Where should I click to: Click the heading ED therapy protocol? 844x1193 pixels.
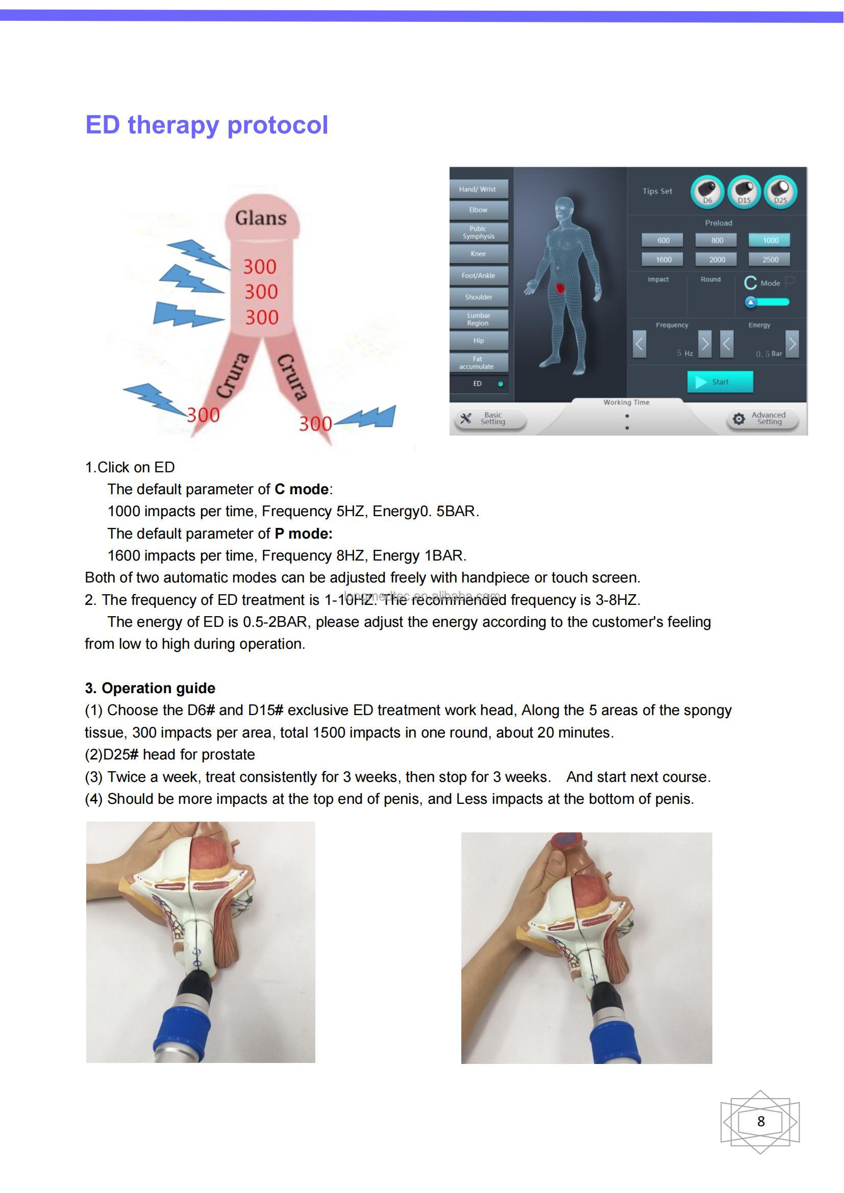[206, 125]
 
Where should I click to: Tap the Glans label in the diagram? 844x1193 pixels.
[260, 218]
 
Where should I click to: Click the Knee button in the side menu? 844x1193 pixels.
[478, 253]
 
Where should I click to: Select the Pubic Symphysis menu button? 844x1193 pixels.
[478, 232]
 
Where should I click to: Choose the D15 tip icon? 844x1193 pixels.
[743, 192]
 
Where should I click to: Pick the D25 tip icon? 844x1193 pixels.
[780, 192]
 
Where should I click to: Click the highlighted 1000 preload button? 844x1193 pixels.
[769, 240]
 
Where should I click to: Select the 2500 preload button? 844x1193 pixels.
[769, 259]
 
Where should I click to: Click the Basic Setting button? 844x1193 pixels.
[490, 418]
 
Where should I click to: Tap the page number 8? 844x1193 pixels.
[760, 1122]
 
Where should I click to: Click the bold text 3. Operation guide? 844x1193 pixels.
[150, 688]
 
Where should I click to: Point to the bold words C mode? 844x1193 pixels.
[302, 490]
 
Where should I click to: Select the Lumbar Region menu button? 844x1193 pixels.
[478, 319]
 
